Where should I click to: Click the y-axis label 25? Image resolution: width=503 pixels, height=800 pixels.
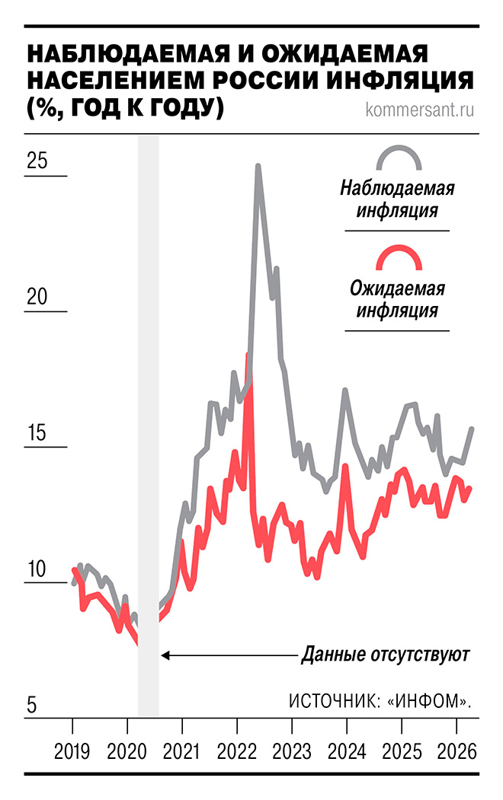click(37, 161)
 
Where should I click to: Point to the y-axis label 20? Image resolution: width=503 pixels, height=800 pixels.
click(37, 297)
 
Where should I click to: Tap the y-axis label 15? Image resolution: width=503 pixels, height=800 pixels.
click(37, 432)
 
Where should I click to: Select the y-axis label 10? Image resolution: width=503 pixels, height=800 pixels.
click(37, 569)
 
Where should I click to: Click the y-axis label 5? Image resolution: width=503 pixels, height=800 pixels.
click(31, 705)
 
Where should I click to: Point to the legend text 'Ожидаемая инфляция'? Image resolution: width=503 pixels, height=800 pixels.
click(397, 299)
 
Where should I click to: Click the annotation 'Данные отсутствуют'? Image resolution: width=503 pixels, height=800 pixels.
click(386, 654)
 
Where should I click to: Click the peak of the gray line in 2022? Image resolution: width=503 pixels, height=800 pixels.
click(258, 166)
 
